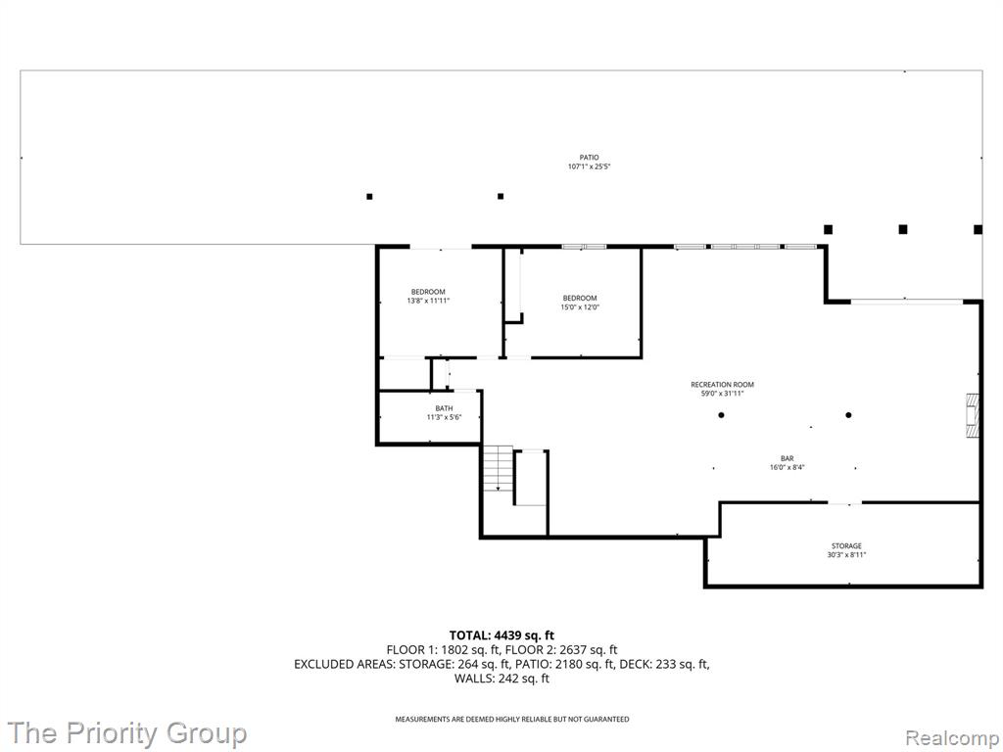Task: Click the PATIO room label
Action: (589, 157)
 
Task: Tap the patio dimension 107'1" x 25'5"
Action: (589, 166)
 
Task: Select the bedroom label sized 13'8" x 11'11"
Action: (428, 292)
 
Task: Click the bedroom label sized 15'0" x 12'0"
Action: (580, 298)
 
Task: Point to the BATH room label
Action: (444, 408)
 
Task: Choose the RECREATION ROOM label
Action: (722, 385)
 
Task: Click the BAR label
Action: (787, 458)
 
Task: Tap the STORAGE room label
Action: (846, 545)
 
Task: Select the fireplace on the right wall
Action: (972, 414)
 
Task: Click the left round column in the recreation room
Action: (722, 415)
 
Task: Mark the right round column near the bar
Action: (849, 415)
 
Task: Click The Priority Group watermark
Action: (127, 732)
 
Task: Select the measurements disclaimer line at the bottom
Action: (511, 720)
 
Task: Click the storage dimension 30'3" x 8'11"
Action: (846, 555)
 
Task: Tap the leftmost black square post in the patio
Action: (369, 197)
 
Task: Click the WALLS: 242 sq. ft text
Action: (501, 678)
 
